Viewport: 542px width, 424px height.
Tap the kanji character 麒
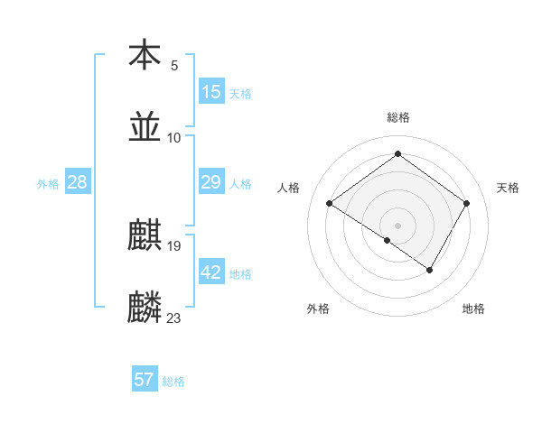(x=145, y=235)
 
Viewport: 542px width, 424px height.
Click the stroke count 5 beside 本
(x=174, y=65)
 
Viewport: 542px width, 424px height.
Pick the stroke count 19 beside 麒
(x=174, y=245)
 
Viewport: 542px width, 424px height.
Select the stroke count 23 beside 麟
(x=174, y=318)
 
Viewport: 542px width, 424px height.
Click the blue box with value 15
(x=211, y=92)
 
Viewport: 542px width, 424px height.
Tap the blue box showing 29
(x=211, y=182)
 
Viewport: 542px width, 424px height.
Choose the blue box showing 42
(x=211, y=272)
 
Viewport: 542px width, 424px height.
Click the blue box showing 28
(x=78, y=182)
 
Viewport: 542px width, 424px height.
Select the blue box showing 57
(x=145, y=380)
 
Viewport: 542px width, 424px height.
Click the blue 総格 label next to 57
(x=173, y=382)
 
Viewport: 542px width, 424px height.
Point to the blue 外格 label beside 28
(x=48, y=184)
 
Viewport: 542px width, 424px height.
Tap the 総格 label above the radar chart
(x=398, y=117)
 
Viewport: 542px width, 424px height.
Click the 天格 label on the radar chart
(x=508, y=188)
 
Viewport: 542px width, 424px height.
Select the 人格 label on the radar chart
(x=289, y=188)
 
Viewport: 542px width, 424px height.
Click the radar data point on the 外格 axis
(x=388, y=240)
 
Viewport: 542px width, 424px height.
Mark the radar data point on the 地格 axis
(x=430, y=270)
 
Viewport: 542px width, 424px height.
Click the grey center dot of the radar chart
(x=398, y=225)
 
